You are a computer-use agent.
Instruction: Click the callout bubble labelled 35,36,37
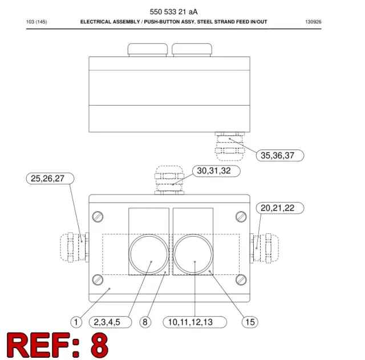coord(280,155)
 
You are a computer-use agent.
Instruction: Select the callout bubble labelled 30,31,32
coord(216,171)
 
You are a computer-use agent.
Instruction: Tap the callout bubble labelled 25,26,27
coord(50,179)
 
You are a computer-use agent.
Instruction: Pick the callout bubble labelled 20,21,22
coord(280,208)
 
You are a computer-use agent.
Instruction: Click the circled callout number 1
coord(76,322)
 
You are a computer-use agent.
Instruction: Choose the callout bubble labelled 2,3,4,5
coord(110,322)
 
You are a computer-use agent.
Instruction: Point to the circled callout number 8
coord(145,322)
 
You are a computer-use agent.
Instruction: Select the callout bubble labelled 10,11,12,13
coord(195,322)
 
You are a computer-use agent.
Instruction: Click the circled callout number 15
coord(250,322)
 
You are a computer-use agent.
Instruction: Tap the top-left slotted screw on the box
coord(98,217)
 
